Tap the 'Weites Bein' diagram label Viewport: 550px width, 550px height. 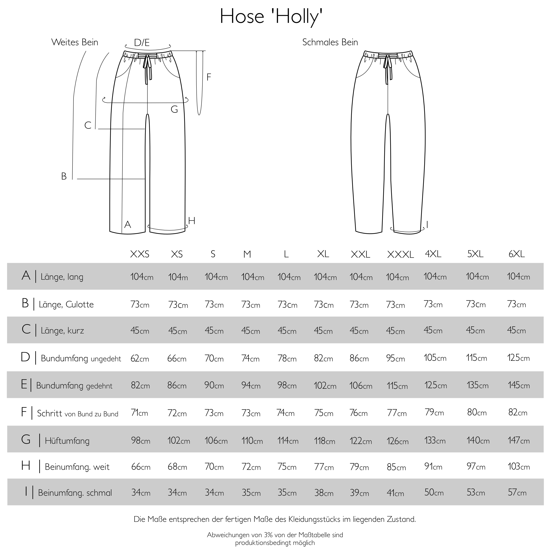tap(75, 42)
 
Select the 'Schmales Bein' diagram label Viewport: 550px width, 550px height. tap(330, 42)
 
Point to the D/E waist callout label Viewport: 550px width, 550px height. tap(142, 43)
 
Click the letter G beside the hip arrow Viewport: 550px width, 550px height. tap(174, 109)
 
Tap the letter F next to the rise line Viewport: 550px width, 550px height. tap(209, 77)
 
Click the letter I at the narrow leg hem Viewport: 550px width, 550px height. tap(427, 225)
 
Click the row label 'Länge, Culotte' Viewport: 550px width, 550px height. tap(66, 304)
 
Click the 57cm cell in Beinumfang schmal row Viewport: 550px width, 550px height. tap(517, 492)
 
